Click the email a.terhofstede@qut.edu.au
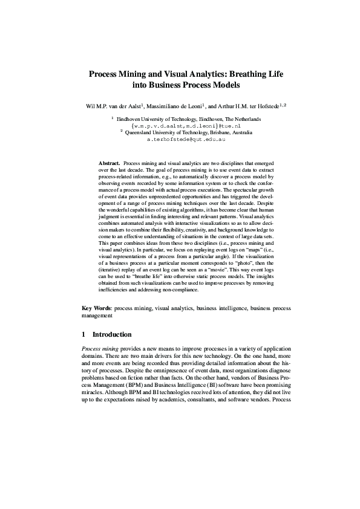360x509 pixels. click(x=186, y=139)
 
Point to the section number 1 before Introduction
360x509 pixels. click(x=83, y=334)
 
